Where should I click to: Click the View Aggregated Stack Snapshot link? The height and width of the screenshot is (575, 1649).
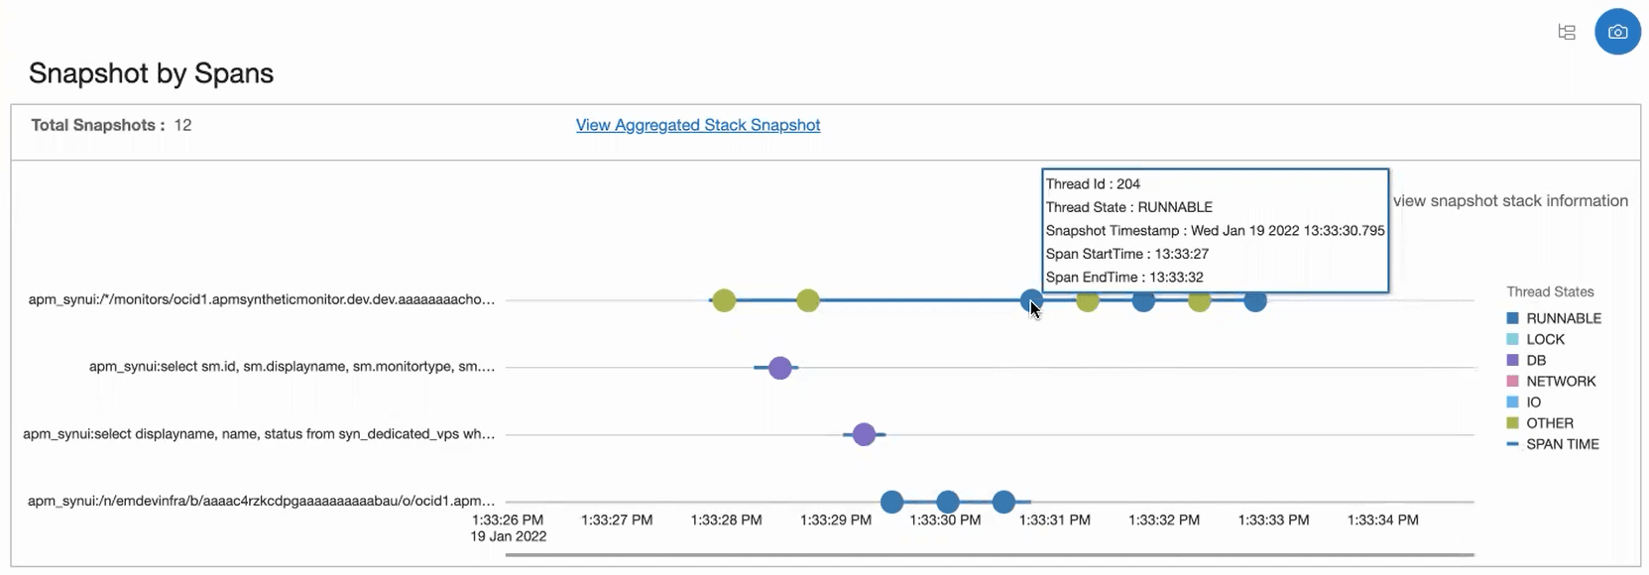(x=697, y=125)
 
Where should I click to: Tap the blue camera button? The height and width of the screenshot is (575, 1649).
(x=1617, y=32)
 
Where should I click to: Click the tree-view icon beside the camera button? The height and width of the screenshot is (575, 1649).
(x=1567, y=32)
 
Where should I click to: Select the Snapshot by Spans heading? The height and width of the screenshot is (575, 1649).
(x=151, y=73)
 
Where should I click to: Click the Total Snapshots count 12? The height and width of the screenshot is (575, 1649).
(x=182, y=125)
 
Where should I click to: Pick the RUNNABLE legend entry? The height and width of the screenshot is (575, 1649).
(x=1563, y=318)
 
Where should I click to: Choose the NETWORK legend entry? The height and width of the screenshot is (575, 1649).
(x=1560, y=381)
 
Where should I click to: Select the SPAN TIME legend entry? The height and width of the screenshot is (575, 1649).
(x=1562, y=444)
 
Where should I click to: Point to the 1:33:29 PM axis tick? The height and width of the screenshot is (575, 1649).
(x=836, y=519)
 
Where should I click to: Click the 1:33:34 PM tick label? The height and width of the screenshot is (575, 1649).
(x=1382, y=519)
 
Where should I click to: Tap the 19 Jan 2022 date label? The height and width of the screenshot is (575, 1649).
(x=508, y=536)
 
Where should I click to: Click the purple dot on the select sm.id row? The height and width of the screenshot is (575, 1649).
(x=780, y=368)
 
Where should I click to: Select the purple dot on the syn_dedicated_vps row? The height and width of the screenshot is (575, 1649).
(x=864, y=434)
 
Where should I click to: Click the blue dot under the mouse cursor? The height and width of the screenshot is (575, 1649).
(x=1031, y=299)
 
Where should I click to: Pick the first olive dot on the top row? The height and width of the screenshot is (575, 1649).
(x=724, y=300)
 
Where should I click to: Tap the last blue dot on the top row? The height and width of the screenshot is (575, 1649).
(x=1255, y=300)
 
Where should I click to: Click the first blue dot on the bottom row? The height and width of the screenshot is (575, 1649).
(x=891, y=502)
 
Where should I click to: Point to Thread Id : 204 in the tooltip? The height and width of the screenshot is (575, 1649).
(x=1093, y=184)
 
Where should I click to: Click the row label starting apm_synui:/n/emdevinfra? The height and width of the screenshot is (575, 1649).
(x=261, y=501)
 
